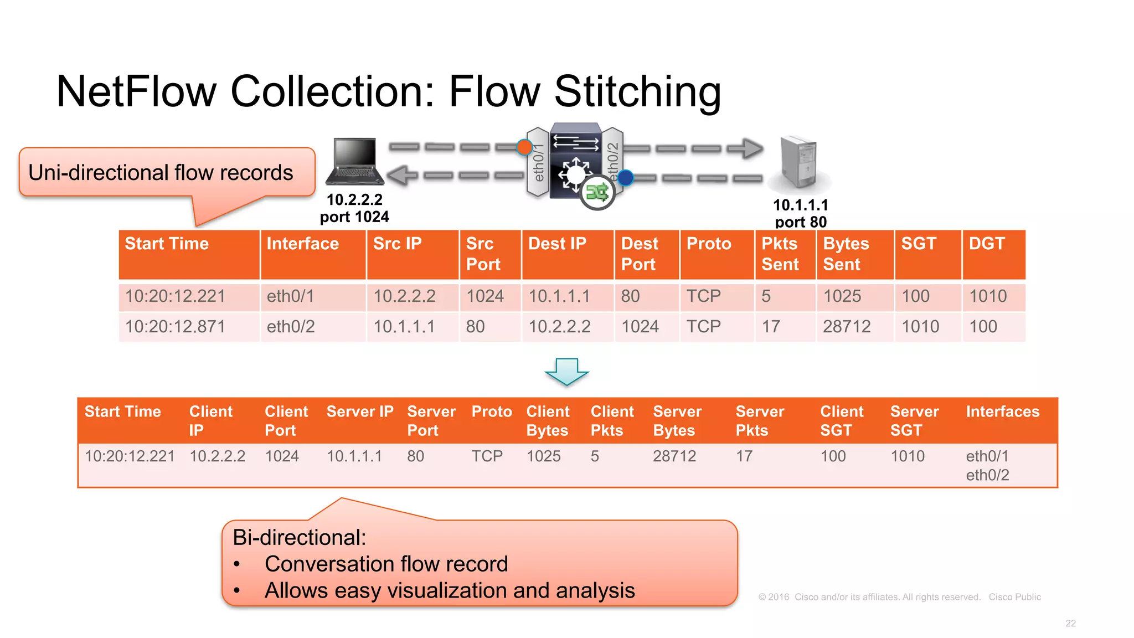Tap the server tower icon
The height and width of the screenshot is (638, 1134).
799,162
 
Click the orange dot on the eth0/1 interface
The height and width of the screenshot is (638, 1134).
524,147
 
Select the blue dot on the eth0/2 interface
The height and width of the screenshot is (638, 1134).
625,178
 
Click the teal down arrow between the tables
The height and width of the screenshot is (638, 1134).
566,372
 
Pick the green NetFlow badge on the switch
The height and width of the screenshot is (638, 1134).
597,193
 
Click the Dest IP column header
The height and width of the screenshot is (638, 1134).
557,244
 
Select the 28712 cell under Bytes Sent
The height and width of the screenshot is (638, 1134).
847,327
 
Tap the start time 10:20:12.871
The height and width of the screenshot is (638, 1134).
175,327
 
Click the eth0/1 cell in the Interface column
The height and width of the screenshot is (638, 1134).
290,296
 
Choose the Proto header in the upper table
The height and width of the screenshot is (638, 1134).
709,244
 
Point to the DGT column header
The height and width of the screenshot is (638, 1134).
986,244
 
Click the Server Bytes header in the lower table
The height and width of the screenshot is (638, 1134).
677,421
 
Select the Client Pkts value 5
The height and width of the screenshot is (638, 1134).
595,456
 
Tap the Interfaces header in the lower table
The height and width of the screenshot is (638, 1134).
1002,411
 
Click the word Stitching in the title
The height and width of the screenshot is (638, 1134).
637,91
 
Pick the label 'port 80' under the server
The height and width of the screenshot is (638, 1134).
801,222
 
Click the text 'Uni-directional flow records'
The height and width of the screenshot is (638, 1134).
161,173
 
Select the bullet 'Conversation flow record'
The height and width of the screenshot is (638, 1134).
386,564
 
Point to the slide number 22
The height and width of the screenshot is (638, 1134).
1070,623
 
